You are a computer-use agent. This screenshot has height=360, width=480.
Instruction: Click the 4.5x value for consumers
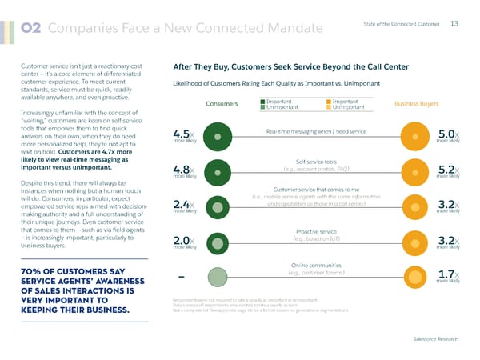coord(183,134)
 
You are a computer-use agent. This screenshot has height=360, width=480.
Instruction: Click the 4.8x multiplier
coord(183,170)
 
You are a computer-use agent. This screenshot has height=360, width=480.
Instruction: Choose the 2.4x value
coord(183,206)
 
